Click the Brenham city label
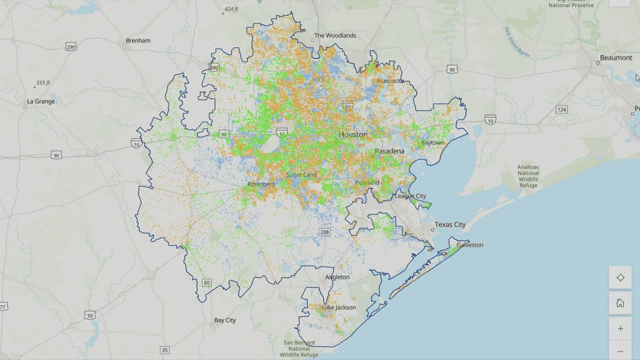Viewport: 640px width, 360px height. pyautogui.click(x=138, y=41)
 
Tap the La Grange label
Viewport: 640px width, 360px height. pyautogui.click(x=41, y=102)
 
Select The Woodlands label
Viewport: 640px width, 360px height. pyautogui.click(x=335, y=35)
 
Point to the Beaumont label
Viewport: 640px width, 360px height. pyautogui.click(x=616, y=58)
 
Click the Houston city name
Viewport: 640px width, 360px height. pyautogui.click(x=353, y=135)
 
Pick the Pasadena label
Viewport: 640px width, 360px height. pyautogui.click(x=390, y=152)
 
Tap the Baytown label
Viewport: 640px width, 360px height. pyautogui.click(x=433, y=143)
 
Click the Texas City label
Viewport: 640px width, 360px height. pyautogui.click(x=451, y=225)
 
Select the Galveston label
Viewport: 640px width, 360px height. pyautogui.click(x=470, y=245)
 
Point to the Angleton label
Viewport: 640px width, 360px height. pyautogui.click(x=337, y=277)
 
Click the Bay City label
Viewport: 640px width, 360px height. pyautogui.click(x=225, y=320)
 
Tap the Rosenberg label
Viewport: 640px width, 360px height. pyautogui.click(x=260, y=184)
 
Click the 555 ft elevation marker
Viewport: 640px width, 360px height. pyautogui.click(x=43, y=83)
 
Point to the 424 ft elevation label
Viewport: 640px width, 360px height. pyautogui.click(x=231, y=10)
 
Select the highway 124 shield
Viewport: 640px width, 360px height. pyautogui.click(x=562, y=109)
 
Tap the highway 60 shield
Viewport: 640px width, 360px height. pyautogui.click(x=207, y=282)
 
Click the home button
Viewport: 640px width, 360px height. pyautogui.click(x=620, y=303)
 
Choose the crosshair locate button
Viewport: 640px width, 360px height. pyautogui.click(x=620, y=277)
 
